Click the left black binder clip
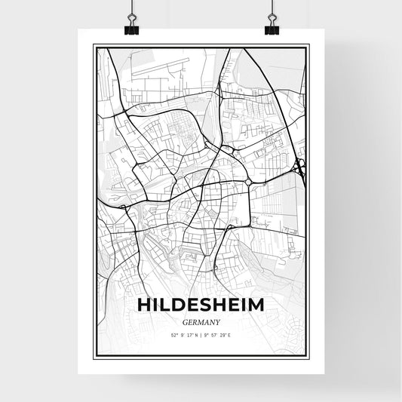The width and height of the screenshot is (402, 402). (132, 27)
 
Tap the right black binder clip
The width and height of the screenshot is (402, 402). (272, 27)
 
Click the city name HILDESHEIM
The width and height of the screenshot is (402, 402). (201, 304)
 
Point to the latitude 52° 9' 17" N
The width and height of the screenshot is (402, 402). (183, 333)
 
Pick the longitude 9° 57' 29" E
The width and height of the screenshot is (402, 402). (220, 333)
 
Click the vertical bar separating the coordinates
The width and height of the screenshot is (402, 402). (201, 333)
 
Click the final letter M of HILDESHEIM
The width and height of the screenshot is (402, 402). (255, 304)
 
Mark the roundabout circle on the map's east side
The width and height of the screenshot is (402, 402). (249, 182)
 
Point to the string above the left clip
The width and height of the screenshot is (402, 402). (132, 8)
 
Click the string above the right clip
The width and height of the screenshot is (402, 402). (272, 8)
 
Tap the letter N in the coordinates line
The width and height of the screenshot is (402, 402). (196, 333)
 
